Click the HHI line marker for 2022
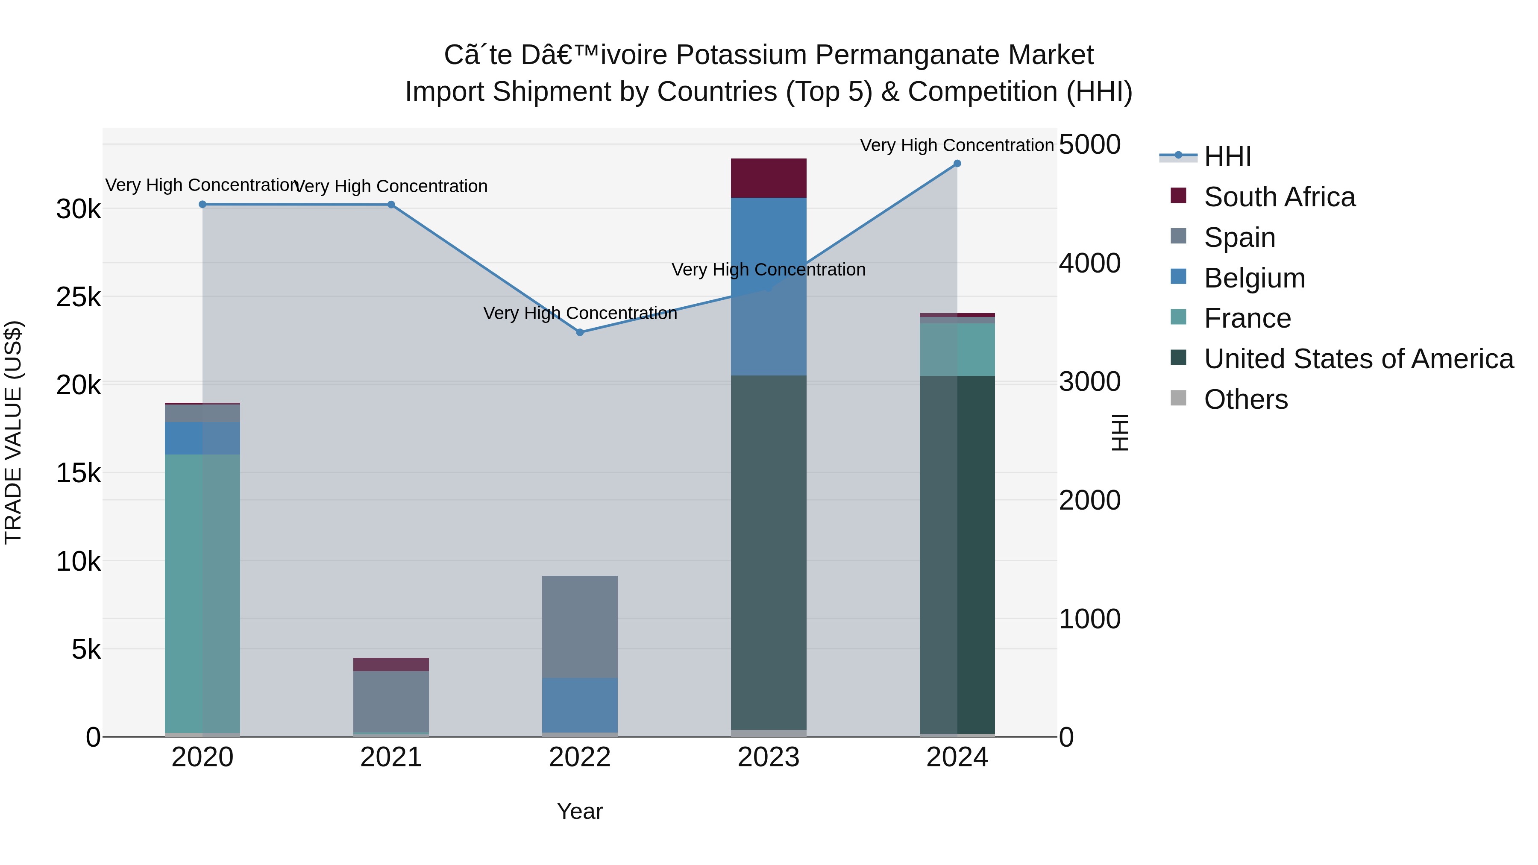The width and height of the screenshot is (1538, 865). click(x=580, y=332)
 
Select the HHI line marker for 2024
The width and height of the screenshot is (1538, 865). click(x=957, y=164)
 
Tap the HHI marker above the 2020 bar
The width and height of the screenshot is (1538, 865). click(x=203, y=204)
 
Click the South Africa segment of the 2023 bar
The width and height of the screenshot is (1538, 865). click(x=769, y=178)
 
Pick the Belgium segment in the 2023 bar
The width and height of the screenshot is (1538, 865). click(x=769, y=287)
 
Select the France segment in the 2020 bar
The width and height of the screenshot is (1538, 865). click(x=203, y=594)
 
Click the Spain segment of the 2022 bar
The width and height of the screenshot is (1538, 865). click(x=580, y=627)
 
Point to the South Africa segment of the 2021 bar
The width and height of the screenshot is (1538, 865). click(x=391, y=664)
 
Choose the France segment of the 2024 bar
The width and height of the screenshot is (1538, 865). click(x=957, y=350)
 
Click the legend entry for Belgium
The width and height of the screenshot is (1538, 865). click(x=1254, y=278)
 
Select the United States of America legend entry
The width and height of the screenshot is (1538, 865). click(x=1358, y=359)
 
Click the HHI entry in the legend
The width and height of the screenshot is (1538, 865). click(x=1227, y=156)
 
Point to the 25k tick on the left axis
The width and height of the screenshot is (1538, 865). click(x=78, y=297)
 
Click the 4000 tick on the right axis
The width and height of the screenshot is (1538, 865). click(x=1089, y=263)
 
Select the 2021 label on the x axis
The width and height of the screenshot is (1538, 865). click(x=391, y=757)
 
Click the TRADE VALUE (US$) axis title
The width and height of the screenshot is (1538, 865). click(x=13, y=432)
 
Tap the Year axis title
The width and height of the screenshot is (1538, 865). click(x=580, y=811)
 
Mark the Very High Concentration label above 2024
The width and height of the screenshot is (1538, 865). click(x=957, y=145)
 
